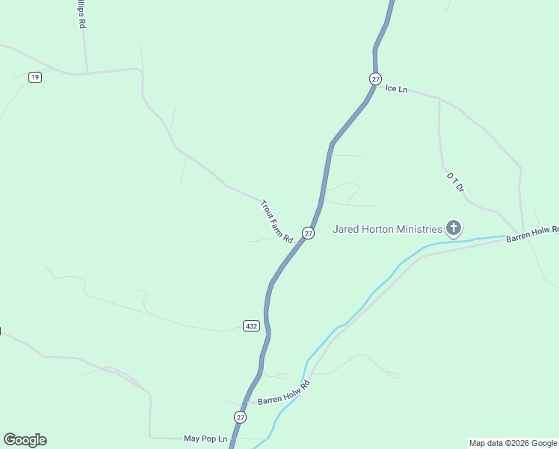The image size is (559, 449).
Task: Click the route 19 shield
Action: [x=34, y=77]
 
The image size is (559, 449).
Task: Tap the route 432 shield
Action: [x=251, y=326]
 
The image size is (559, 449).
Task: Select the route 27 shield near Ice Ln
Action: [x=375, y=79]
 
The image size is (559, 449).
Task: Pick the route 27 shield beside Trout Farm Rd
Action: [x=309, y=233]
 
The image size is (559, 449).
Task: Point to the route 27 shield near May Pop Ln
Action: [x=240, y=417]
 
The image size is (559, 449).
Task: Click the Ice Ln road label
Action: [x=396, y=89]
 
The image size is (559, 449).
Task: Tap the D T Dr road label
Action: [x=456, y=183]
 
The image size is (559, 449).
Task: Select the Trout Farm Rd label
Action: [x=276, y=221]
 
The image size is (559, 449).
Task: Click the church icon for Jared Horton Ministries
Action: [x=454, y=227]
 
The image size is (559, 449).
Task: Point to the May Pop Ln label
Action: [x=205, y=438]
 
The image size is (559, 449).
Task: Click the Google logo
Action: [x=25, y=440]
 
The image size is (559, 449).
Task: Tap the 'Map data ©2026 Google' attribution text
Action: [x=513, y=443]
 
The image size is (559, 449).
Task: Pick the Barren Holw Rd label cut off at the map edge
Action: [x=532, y=234]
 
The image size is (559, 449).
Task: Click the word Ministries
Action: [x=416, y=229]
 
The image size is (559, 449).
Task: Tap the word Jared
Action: [x=348, y=229]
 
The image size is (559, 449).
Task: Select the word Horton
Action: [x=378, y=229]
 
